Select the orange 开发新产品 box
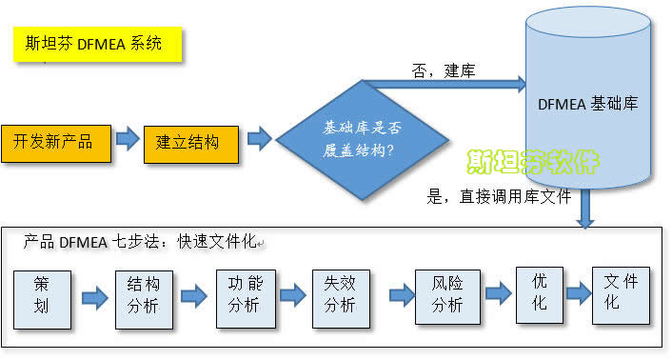pyautogui.click(x=54, y=142)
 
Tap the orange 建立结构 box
pyautogui.click(x=189, y=142)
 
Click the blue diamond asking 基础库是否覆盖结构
pyautogui.click(x=361, y=138)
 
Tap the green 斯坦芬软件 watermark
pyautogui.click(x=532, y=162)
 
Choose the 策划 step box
pyautogui.click(x=42, y=298)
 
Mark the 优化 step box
pyautogui.click(x=539, y=292)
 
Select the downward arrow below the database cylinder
pyautogui.click(x=585, y=210)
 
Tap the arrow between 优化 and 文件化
pyautogui.click(x=577, y=294)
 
